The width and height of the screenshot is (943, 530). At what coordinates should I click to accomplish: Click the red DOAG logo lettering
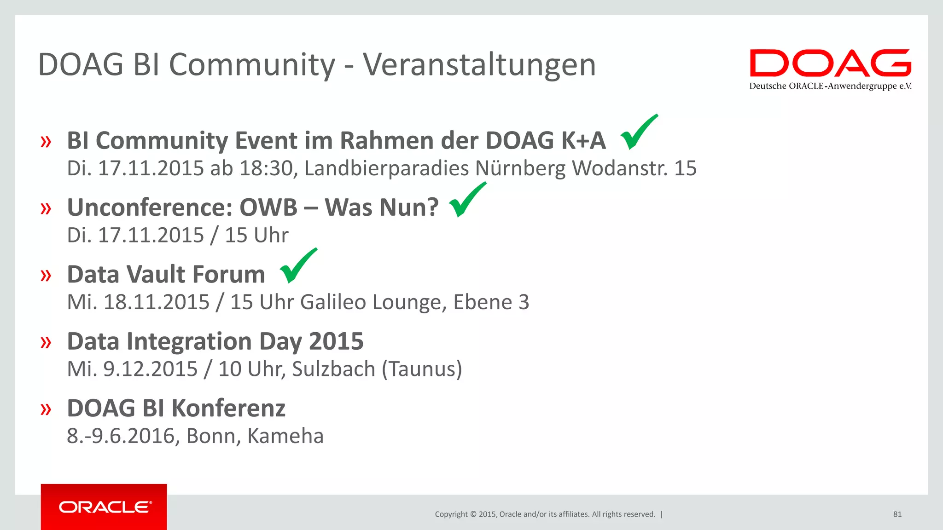pos(830,63)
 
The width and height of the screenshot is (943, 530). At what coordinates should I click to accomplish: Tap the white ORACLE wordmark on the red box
pos(105,507)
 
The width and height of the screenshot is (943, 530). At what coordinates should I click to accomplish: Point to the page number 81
pos(897,514)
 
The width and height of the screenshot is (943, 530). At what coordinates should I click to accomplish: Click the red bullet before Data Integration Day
pos(46,342)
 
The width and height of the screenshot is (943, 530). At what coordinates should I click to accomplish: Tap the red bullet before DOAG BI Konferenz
pos(46,409)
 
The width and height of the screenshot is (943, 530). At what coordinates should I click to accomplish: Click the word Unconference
pos(150,207)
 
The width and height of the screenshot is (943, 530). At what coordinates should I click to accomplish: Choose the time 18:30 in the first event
pos(266,168)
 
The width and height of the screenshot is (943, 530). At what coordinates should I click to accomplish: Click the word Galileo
pos(333,302)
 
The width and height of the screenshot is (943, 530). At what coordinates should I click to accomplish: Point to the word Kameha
pos(285,436)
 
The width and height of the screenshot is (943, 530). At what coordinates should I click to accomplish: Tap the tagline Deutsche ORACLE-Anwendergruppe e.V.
pos(830,86)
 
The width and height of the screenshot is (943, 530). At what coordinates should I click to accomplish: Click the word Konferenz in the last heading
pos(228,409)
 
